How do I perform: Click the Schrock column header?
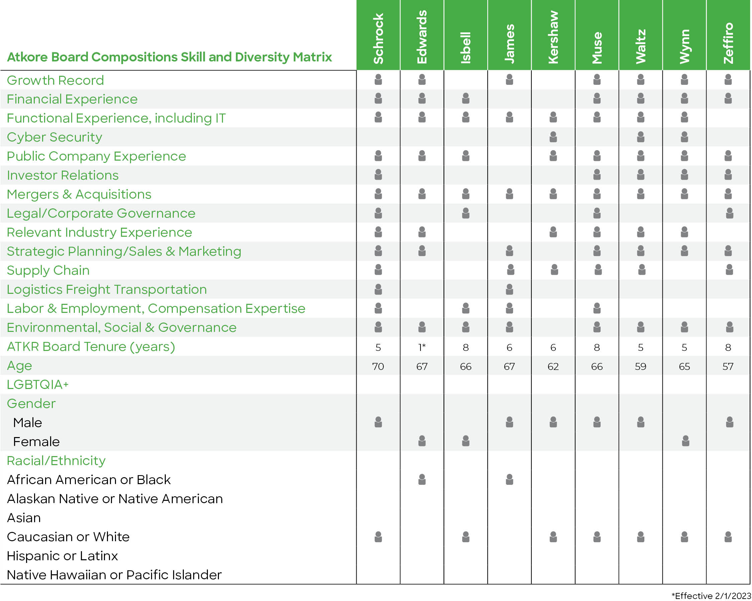378,38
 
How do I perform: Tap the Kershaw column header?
553,37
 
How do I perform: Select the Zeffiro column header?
728,43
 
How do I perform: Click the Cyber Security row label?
54,137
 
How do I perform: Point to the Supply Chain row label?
48,270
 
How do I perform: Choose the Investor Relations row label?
63,175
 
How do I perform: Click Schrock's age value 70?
378,367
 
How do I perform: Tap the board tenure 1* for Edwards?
422,347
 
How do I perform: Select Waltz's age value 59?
640,367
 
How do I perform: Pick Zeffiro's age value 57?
728,367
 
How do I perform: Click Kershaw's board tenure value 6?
553,347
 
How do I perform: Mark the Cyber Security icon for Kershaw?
553,137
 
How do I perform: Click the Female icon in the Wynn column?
685,441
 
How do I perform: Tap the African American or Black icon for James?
509,479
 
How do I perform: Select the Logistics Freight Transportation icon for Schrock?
378,289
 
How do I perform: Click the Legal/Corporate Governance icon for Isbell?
466,213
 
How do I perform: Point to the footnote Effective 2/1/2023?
712,596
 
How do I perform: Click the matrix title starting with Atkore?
169,57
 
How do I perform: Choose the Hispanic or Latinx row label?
62,556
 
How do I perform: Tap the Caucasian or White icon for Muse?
597,537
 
